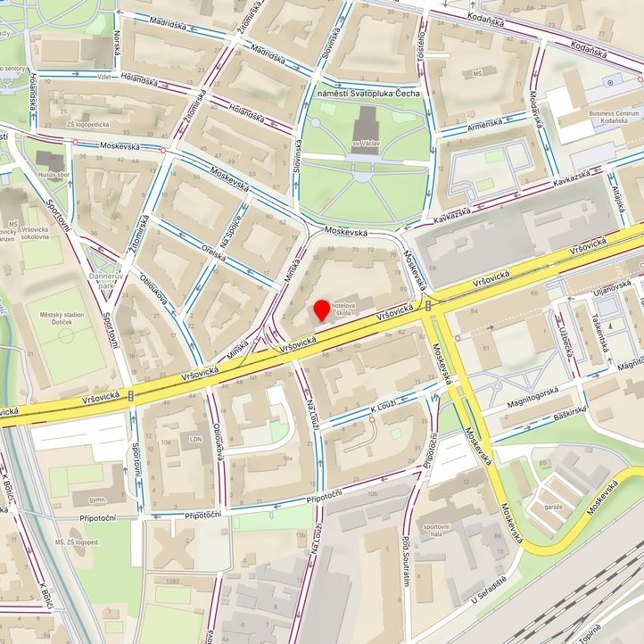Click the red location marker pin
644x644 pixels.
pyautogui.click(x=321, y=310)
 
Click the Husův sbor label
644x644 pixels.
pyautogui.click(x=53, y=175)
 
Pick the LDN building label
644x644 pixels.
pyautogui.click(x=196, y=439)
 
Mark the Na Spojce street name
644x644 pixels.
pyautogui.click(x=235, y=211)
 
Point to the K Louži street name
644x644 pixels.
pyautogui.click(x=387, y=408)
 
